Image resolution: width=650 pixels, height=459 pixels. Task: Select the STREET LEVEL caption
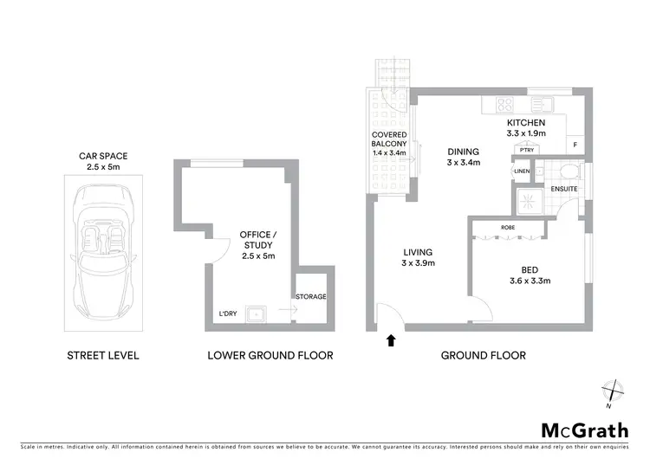[x=103, y=355]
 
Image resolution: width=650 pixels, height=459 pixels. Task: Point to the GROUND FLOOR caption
[x=484, y=355]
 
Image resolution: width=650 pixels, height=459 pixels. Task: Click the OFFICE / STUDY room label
[x=257, y=245]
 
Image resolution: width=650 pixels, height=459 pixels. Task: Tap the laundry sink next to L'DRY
[x=256, y=313]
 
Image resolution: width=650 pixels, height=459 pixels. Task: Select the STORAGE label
[x=310, y=297]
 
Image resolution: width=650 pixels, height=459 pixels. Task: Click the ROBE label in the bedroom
[x=507, y=228]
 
